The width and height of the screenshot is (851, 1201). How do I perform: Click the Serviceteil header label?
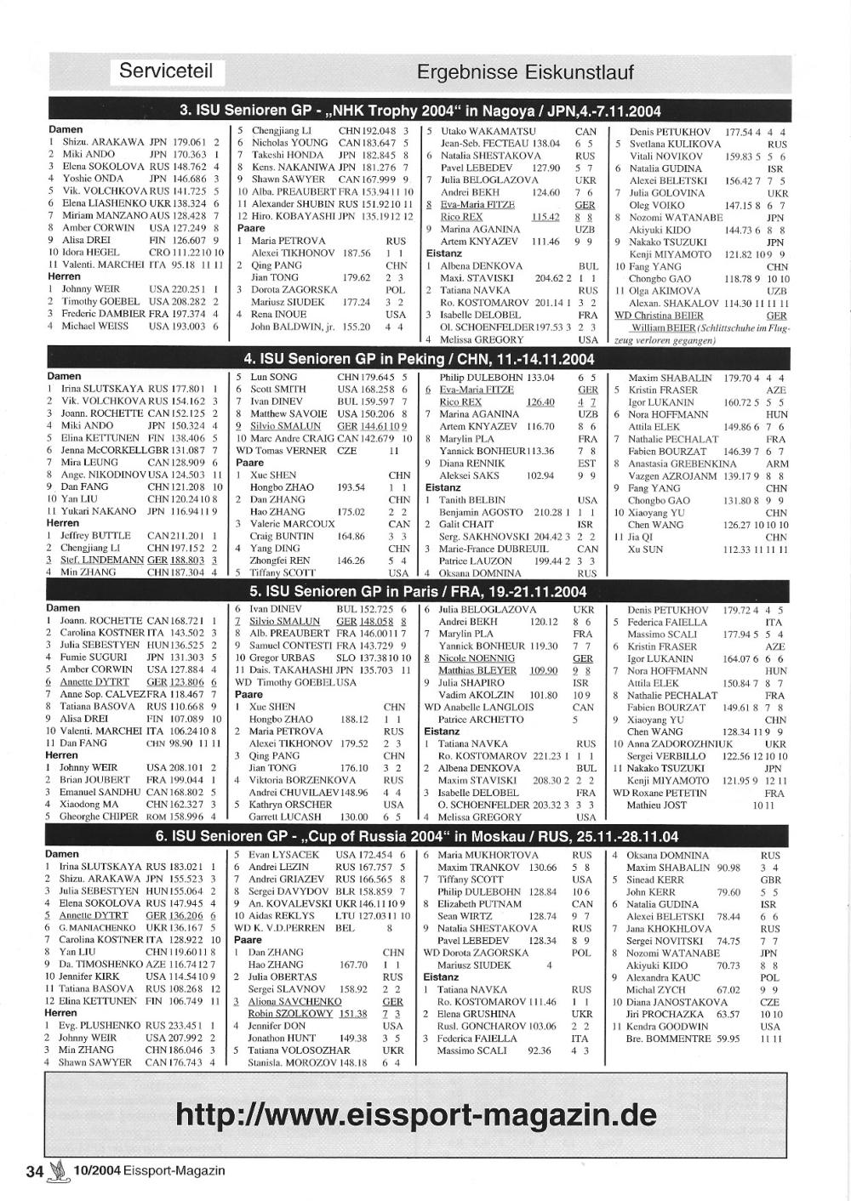pos(166,71)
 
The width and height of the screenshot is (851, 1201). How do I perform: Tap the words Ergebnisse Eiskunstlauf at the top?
pos(525,72)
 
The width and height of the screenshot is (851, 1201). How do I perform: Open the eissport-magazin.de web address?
pos(416,1114)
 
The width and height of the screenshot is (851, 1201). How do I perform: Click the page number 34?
pos(34,1170)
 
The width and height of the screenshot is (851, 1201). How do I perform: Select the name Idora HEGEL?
pos(90,253)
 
